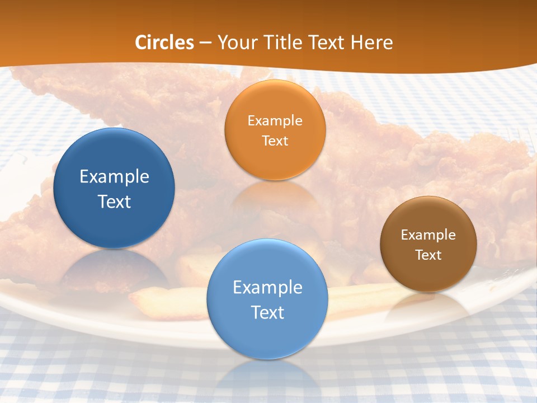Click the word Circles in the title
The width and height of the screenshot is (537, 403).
click(x=164, y=43)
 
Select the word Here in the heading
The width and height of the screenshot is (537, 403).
click(x=372, y=43)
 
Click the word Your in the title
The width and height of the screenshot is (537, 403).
click(x=236, y=43)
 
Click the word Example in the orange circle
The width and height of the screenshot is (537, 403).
click(x=275, y=121)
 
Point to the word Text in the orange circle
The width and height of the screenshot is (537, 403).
click(x=275, y=140)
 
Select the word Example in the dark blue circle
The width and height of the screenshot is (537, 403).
click(x=114, y=177)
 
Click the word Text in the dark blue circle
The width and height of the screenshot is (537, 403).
click(x=114, y=201)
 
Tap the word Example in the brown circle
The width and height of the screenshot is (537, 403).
click(x=428, y=235)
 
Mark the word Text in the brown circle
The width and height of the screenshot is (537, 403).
click(x=428, y=255)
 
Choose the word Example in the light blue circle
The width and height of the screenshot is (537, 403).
click(x=267, y=288)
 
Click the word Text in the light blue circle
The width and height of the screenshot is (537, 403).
click(x=267, y=312)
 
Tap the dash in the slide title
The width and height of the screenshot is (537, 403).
click(x=206, y=43)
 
